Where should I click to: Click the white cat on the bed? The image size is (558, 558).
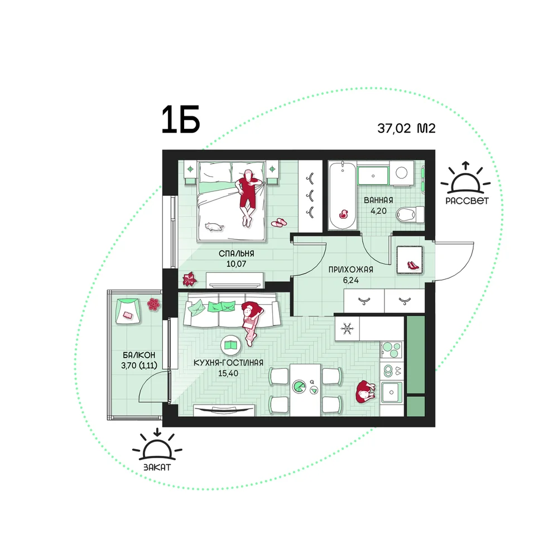[x=214, y=227]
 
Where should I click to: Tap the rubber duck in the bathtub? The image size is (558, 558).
[x=343, y=214]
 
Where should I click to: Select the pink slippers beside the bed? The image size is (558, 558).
[x=279, y=223]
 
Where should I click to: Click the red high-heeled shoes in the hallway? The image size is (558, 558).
[x=413, y=265]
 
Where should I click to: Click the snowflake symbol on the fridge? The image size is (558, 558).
[x=347, y=328]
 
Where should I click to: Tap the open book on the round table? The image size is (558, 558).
[x=232, y=345]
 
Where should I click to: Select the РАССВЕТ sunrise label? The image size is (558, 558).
[x=467, y=201]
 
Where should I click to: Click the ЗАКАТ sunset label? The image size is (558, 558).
[x=157, y=467]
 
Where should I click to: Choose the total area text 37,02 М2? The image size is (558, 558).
[x=406, y=128]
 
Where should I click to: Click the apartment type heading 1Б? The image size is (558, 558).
[x=181, y=120]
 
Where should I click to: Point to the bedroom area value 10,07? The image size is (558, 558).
[x=236, y=264]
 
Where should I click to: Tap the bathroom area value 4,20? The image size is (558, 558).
[x=379, y=211]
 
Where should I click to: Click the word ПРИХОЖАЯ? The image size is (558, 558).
[x=351, y=270]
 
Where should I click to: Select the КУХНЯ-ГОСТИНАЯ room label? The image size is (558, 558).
[x=228, y=363]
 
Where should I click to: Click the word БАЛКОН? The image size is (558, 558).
[x=139, y=355]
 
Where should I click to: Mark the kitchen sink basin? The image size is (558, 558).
[x=392, y=392]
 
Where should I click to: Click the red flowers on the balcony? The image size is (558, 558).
[x=153, y=304]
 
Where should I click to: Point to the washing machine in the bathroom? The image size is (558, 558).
[x=401, y=174]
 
